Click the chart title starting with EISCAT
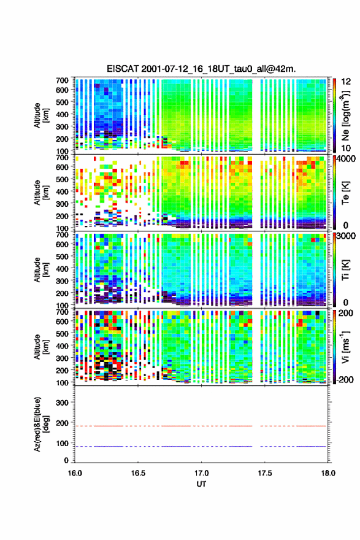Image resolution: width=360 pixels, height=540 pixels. point(201,69)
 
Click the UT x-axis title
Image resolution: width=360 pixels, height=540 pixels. point(201,484)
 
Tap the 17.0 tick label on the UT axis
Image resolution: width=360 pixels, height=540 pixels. point(201,473)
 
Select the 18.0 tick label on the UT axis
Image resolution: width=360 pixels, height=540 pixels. point(328,473)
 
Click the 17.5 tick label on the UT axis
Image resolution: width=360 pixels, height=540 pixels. point(265,473)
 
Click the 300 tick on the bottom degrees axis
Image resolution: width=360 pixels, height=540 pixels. point(63,403)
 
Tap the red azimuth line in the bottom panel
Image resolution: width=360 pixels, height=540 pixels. point(201,426)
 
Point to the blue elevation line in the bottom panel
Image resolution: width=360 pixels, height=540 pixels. point(201,446)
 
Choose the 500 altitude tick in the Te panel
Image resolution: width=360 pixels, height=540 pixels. point(63,179)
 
